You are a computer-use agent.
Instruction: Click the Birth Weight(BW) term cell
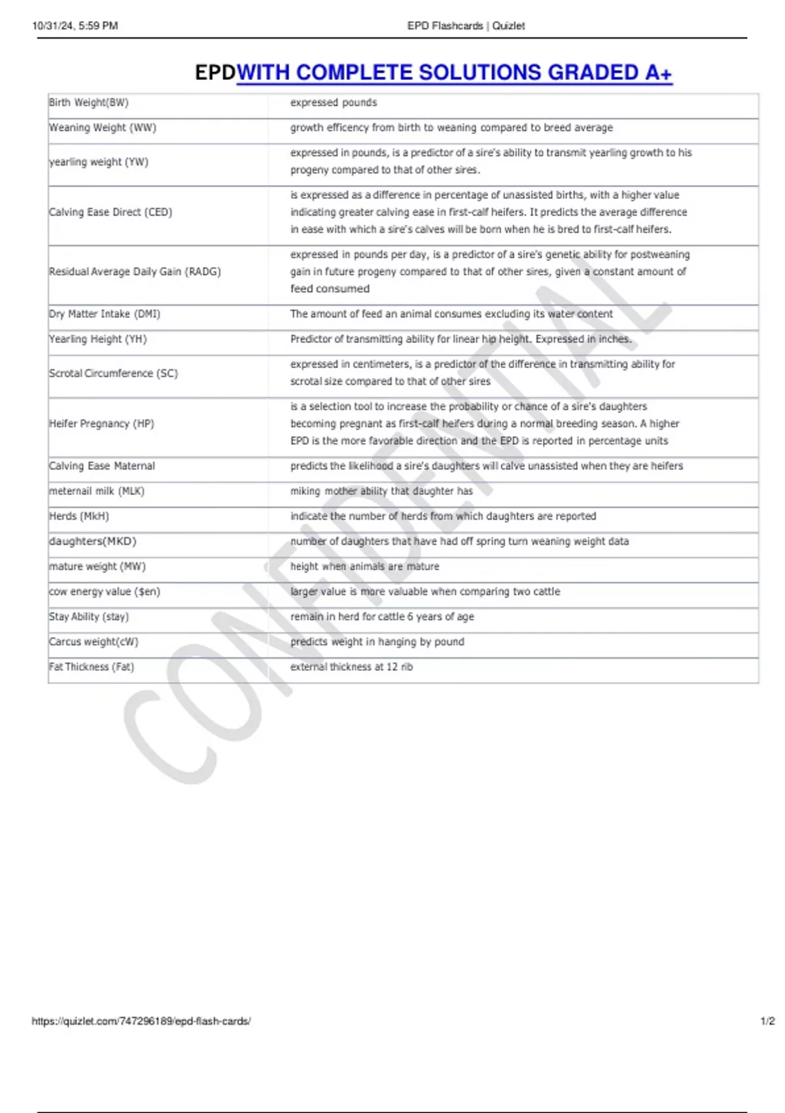click(89, 103)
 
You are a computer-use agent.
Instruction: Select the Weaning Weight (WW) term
click(103, 128)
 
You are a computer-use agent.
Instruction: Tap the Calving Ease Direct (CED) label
click(111, 212)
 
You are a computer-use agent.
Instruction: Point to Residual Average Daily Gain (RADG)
click(135, 272)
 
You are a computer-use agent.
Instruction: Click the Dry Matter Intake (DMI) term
click(105, 314)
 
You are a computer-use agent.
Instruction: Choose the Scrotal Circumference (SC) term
click(113, 373)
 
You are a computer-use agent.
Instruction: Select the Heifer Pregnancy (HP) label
click(101, 424)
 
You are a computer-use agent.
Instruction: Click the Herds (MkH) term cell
click(79, 517)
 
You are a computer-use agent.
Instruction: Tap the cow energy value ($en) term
click(105, 592)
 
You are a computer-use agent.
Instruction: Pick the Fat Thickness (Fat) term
click(92, 667)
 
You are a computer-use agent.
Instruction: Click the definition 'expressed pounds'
click(334, 103)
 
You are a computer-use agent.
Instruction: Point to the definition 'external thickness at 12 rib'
click(351, 667)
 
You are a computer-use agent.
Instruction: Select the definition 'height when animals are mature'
click(364, 567)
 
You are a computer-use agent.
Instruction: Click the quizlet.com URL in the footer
click(141, 1021)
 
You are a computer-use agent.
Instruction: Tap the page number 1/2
click(767, 1021)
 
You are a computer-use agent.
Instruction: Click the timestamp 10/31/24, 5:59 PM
click(75, 26)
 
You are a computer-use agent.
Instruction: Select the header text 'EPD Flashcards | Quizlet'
click(466, 26)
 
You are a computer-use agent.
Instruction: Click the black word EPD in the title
click(215, 73)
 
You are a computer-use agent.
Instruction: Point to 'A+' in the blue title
click(658, 73)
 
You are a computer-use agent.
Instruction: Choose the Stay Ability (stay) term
click(89, 617)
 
